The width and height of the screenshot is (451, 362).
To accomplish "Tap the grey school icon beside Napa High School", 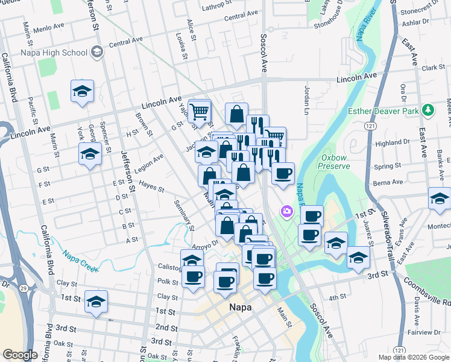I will [x=96, y=52].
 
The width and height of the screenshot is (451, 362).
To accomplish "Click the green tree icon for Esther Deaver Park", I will [x=427, y=110].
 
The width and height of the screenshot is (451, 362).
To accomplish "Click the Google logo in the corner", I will [x=20, y=355].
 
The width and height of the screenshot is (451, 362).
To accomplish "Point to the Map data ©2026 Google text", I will [x=413, y=357].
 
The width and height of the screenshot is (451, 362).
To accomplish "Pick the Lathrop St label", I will [x=217, y=7].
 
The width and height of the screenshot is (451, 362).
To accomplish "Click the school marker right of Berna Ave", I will [x=440, y=198].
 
